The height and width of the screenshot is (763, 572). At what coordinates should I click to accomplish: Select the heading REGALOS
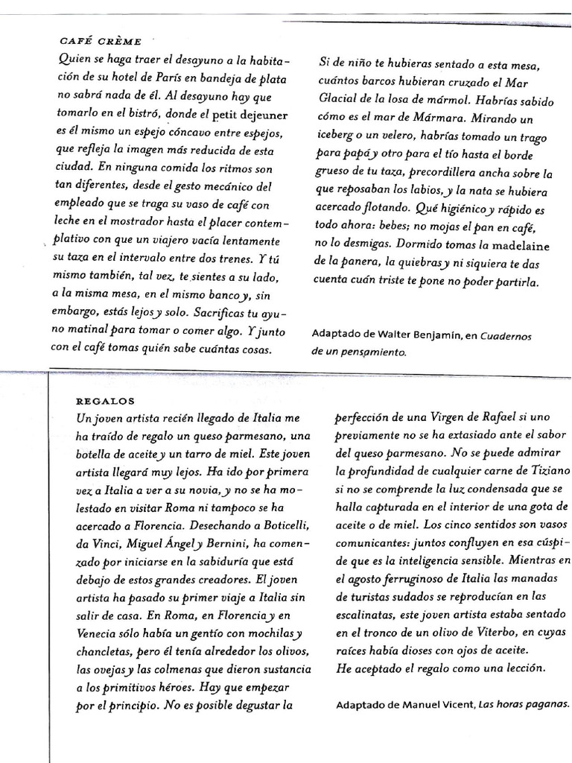[x=104, y=400]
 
